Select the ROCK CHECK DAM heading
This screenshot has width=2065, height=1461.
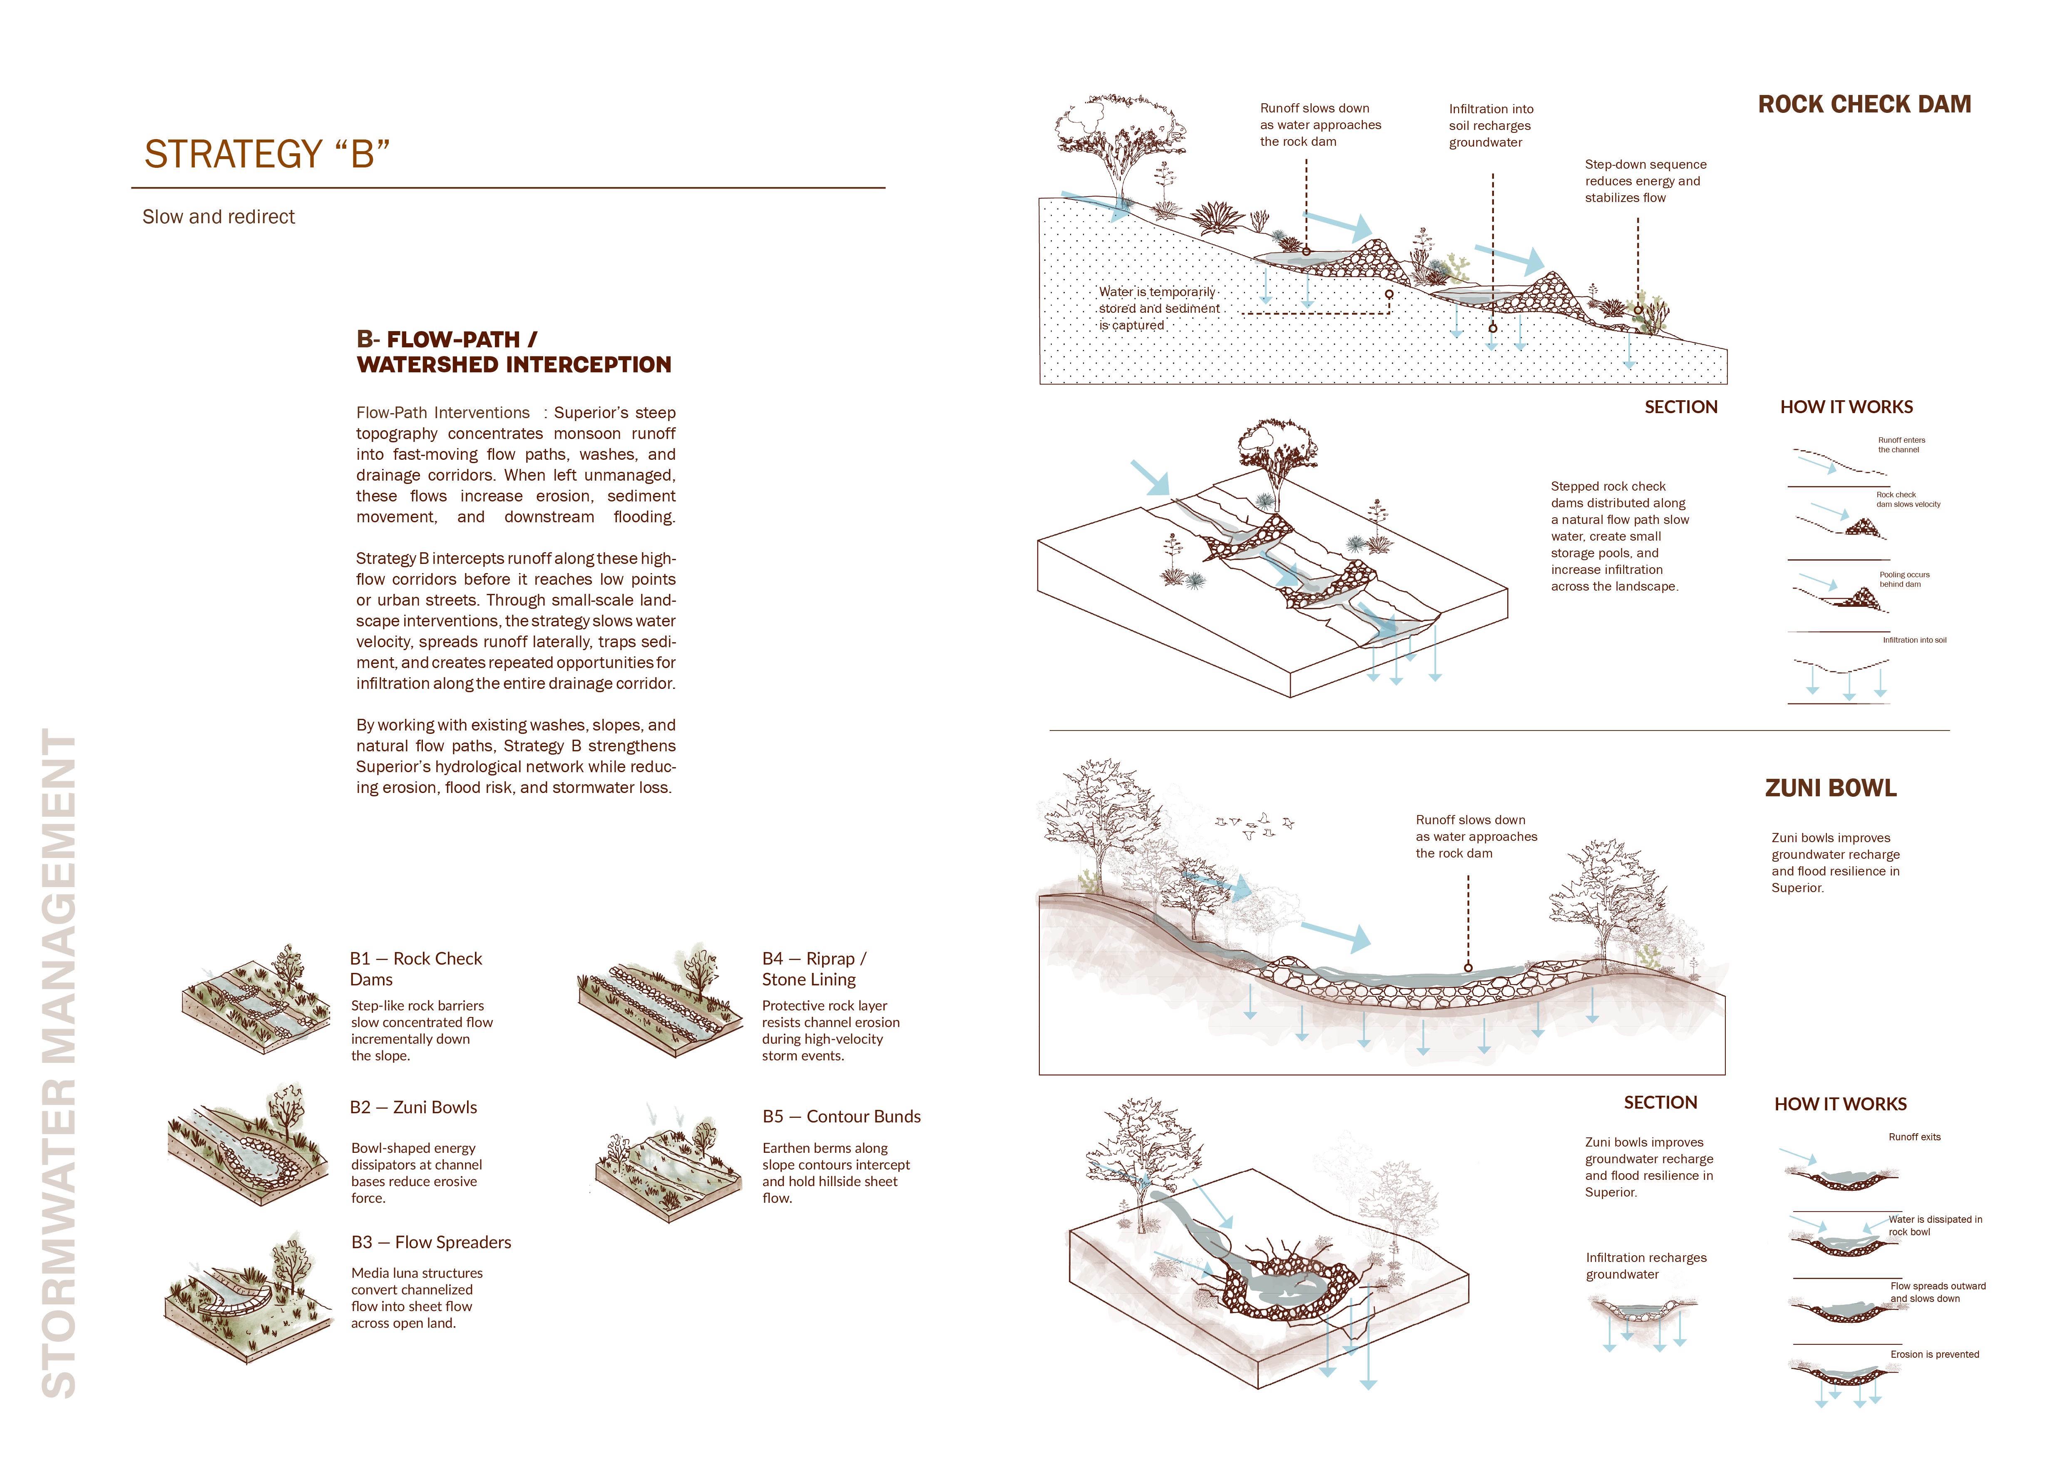tap(1864, 105)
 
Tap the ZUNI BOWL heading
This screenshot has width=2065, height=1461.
tap(1830, 788)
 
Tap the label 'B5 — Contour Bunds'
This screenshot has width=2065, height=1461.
tap(841, 1117)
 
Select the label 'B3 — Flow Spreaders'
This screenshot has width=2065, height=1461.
tap(431, 1242)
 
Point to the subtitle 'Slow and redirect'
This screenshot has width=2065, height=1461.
tap(219, 217)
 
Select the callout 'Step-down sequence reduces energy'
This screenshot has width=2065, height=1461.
tap(1645, 181)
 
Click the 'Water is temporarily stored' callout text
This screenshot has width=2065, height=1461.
tap(1159, 309)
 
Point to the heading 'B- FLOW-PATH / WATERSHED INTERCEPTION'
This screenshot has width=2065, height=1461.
tap(514, 352)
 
